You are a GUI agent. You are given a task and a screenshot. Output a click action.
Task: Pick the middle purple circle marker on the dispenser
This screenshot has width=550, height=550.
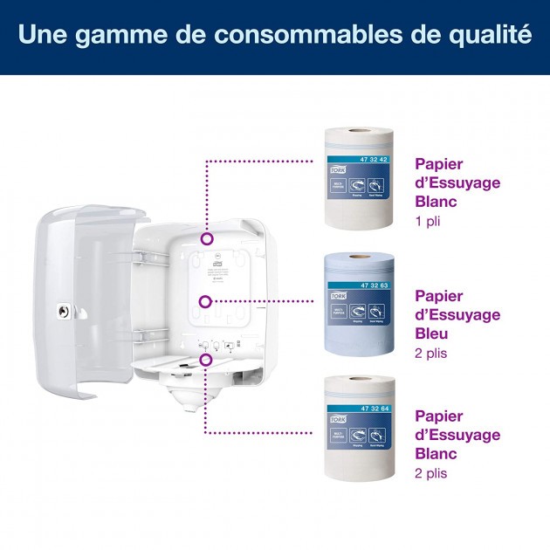205,302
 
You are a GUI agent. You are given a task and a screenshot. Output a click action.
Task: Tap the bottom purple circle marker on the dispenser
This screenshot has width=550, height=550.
206,359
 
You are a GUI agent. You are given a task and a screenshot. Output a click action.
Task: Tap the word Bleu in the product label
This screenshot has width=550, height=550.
433,333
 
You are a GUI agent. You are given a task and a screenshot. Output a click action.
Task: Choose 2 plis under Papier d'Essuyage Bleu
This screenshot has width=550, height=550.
434,354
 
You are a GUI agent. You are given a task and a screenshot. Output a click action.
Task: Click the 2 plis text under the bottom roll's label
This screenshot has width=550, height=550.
434,474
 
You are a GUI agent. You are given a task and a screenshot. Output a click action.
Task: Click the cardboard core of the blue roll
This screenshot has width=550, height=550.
358,258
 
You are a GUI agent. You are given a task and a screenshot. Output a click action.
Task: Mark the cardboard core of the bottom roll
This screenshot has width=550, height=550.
358,379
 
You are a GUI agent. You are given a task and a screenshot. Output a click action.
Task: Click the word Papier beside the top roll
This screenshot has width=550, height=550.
438,162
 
